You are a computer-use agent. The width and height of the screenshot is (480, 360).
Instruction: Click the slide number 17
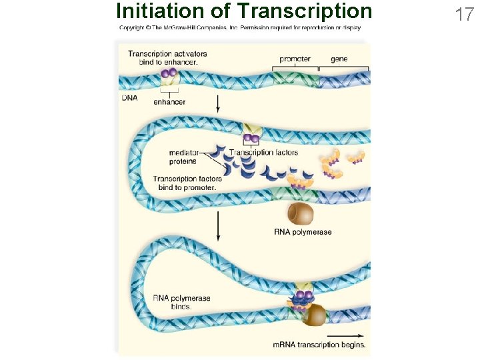point(464,14)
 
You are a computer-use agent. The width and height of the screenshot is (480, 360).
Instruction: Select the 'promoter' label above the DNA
point(295,59)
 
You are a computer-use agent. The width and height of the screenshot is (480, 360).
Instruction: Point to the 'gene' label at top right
point(339,59)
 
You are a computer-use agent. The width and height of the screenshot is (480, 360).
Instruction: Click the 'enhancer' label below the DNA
point(169,102)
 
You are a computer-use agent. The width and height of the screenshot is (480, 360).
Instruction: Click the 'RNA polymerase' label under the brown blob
point(302,232)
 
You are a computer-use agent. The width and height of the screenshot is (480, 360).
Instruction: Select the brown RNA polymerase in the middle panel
point(300,213)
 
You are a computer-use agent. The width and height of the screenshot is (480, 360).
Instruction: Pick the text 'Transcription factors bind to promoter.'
point(187,183)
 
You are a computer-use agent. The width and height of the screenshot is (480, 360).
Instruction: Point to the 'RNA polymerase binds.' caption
point(181,302)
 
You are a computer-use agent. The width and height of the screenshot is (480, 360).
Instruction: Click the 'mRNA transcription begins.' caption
point(319,345)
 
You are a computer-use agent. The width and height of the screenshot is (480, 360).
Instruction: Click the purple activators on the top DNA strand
point(169,75)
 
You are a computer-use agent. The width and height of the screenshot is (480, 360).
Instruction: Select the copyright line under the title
point(240,28)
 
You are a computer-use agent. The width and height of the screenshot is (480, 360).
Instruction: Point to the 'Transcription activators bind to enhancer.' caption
point(167,58)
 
